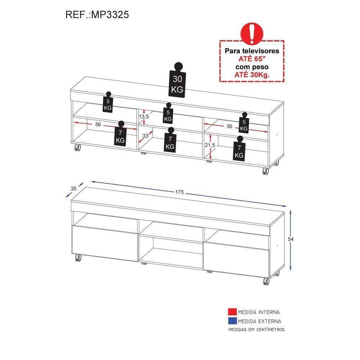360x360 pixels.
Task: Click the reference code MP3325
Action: (110, 15)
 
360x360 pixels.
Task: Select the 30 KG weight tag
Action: (177, 80)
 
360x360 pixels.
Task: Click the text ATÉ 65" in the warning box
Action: (252, 59)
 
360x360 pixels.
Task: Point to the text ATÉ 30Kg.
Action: (252, 75)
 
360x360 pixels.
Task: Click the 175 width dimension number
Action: (180, 192)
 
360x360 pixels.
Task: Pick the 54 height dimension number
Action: (291, 239)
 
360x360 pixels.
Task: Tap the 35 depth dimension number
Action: (73, 189)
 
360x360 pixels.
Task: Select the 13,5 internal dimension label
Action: (144, 117)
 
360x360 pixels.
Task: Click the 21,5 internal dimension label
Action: (210, 145)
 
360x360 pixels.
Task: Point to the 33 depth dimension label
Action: (145, 136)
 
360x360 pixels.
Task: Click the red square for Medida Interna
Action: (232, 312)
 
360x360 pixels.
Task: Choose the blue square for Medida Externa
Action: (232, 321)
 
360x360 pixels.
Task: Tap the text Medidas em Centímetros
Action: (256, 330)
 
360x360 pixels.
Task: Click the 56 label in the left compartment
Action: (98, 125)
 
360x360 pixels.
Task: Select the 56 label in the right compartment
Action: (229, 126)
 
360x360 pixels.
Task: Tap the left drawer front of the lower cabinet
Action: (105, 243)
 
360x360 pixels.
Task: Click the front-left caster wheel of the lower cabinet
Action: (78, 258)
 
